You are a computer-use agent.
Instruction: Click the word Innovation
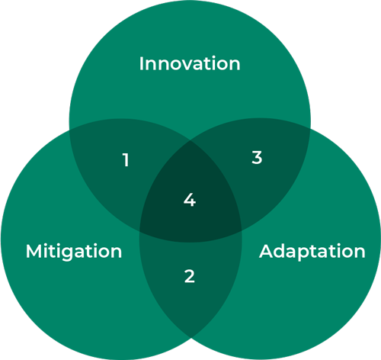pyautogui.click(x=190, y=63)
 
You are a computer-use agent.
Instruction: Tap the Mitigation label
pyautogui.click(x=74, y=252)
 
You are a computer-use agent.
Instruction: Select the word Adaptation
pyautogui.click(x=312, y=252)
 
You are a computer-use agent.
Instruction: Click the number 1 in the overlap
pyautogui.click(x=126, y=160)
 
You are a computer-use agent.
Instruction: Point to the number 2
pyautogui.click(x=190, y=276)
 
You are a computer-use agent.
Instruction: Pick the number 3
pyautogui.click(x=257, y=157)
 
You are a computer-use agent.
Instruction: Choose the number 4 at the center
pyautogui.click(x=190, y=200)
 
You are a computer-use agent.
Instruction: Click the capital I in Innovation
pyautogui.click(x=141, y=63)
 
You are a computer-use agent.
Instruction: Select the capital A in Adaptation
pyautogui.click(x=266, y=251)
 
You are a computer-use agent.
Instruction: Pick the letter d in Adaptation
pyautogui.click(x=281, y=251)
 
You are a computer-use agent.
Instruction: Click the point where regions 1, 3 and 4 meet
pyautogui.click(x=190, y=140)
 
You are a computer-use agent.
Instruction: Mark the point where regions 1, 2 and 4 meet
pyautogui.click(x=139, y=231)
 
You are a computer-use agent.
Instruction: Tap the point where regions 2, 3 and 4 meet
pyautogui.click(x=242, y=230)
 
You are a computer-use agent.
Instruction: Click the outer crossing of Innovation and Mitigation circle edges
pyautogui.click(x=69, y=130)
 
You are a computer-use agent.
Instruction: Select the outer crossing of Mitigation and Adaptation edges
pyautogui.click(x=191, y=338)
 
